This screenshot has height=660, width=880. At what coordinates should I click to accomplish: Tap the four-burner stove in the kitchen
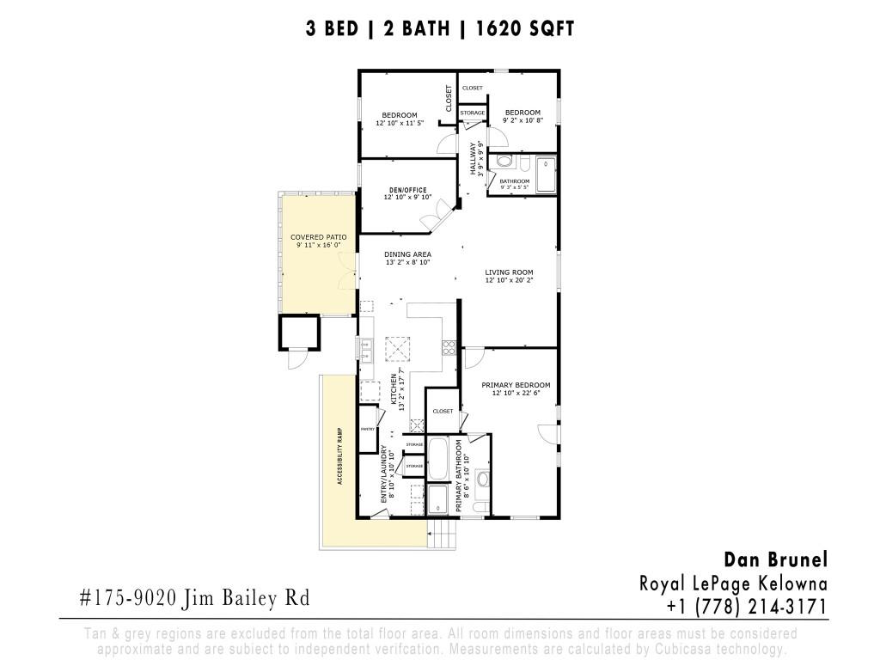448,348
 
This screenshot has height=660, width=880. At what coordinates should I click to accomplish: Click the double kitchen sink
365,351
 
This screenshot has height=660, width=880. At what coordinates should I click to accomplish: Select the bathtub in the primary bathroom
438,459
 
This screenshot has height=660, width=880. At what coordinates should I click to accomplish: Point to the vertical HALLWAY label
473,158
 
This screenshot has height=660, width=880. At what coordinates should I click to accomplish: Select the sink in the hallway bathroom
504,162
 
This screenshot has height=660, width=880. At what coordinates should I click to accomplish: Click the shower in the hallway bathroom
546,175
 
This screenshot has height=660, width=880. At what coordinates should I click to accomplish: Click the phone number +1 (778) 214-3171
746,607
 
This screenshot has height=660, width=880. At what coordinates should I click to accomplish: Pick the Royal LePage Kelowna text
733,584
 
